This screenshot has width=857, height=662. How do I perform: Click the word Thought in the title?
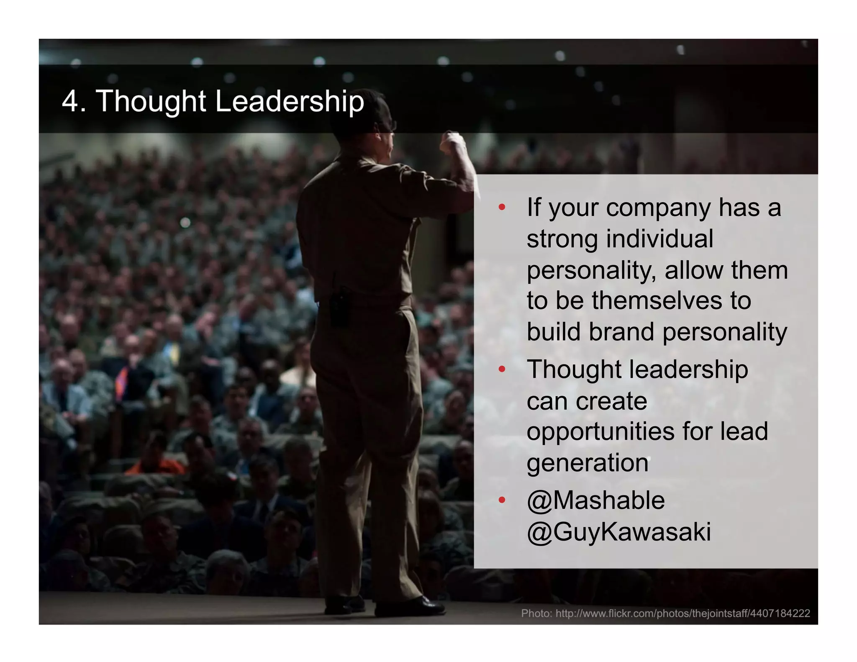pyautogui.click(x=151, y=102)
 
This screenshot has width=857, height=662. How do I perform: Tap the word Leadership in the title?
pyautogui.click(x=289, y=102)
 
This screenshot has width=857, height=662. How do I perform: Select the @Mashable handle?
pyautogui.click(x=595, y=500)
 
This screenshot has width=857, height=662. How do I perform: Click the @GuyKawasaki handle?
pyautogui.click(x=618, y=532)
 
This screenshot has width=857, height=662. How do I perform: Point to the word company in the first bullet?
pyautogui.click(x=658, y=208)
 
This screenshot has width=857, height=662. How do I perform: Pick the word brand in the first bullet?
pyautogui.click(x=622, y=332)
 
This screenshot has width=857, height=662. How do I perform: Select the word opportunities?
pyautogui.click(x=600, y=432)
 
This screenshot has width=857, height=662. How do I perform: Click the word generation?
pyautogui.click(x=587, y=463)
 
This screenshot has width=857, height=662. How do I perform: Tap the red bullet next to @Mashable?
pyautogui.click(x=502, y=500)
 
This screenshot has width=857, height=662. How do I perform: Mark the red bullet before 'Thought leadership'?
pyautogui.click(x=502, y=369)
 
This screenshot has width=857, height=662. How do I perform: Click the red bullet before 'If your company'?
pyautogui.click(x=502, y=207)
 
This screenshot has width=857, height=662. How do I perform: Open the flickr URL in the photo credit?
pyautogui.click(x=683, y=613)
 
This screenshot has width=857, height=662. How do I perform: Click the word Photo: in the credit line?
pyautogui.click(x=536, y=613)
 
